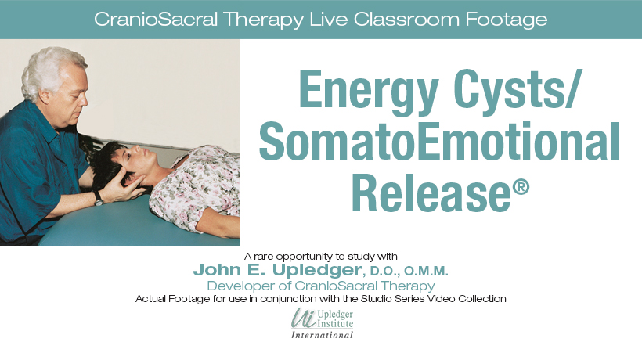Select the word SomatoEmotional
coord(439,142)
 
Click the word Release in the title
coord(431,193)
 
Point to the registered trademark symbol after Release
coord(521,187)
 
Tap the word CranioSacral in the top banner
coord(156,19)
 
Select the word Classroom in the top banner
coord(406,19)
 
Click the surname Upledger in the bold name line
coord(316,271)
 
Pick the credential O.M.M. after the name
coord(426,272)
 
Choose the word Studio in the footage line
coord(373,299)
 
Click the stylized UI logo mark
coord(304,319)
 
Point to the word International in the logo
coord(322,335)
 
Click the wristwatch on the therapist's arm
coord(99,199)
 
